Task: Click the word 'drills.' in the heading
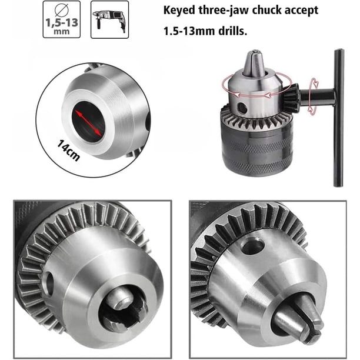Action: click(232, 31)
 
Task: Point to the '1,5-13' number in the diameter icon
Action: click(62, 23)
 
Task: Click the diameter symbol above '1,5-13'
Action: click(62, 9)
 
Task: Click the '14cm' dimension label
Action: click(68, 151)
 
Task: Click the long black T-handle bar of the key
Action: click(339, 118)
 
